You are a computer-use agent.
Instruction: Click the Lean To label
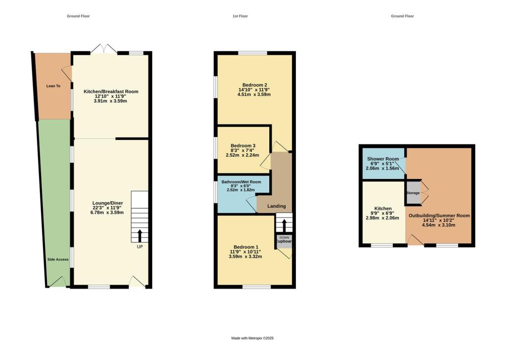[53, 86]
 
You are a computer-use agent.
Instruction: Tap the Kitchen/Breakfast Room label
[111, 91]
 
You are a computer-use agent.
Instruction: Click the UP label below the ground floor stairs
[139, 246]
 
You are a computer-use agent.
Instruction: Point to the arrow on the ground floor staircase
[139, 234]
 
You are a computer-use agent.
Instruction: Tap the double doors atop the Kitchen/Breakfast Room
[104, 48]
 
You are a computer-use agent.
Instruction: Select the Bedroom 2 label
[254, 85]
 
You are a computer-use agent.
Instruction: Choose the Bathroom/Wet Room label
[242, 181]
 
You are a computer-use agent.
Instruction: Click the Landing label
[276, 206]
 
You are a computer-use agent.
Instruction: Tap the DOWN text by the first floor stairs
[284, 237]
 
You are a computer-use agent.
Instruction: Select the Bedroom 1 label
[246, 247]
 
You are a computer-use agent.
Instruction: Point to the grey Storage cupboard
[413, 193]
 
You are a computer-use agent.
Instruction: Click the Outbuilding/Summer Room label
[439, 216]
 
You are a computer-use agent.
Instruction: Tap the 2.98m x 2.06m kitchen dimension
[382, 218]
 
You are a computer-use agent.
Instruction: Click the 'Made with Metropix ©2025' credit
[253, 338]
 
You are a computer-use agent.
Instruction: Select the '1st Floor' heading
[240, 16]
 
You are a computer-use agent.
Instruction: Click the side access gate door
[57, 281]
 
